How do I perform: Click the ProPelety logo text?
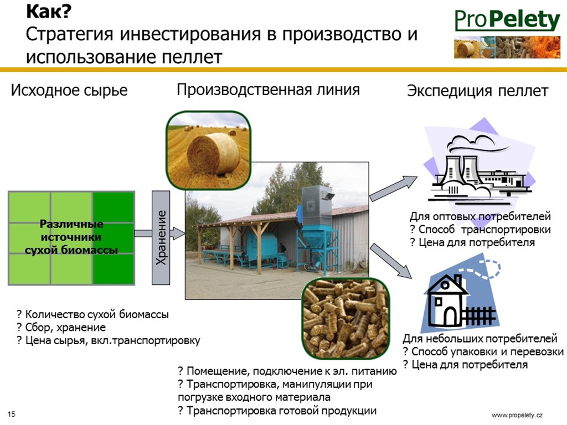[507, 20]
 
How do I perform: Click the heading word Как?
[49, 11]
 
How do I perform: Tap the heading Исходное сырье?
[69, 90]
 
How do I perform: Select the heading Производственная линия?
[269, 90]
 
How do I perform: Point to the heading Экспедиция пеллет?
[478, 91]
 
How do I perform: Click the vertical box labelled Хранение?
[161, 237]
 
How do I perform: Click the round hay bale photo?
[208, 151]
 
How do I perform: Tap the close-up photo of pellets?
[346, 318]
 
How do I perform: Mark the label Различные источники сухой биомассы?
[71, 237]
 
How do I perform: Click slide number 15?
[11, 414]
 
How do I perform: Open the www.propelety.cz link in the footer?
[517, 415]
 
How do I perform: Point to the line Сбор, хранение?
[61, 328]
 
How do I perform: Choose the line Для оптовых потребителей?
[480, 216]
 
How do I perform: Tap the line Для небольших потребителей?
[480, 338]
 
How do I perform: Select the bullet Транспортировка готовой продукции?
[277, 411]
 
